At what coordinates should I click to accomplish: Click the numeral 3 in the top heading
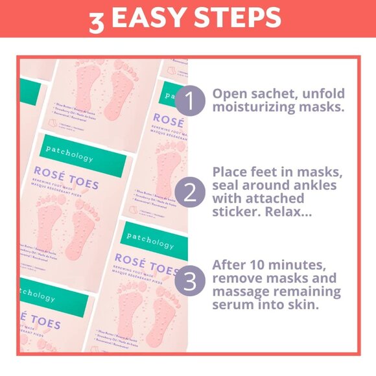pos(97,20)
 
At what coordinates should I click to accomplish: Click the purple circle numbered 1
pos(189,102)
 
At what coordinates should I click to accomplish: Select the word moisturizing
pos(253,109)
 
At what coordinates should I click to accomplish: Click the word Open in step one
pos(229,92)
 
